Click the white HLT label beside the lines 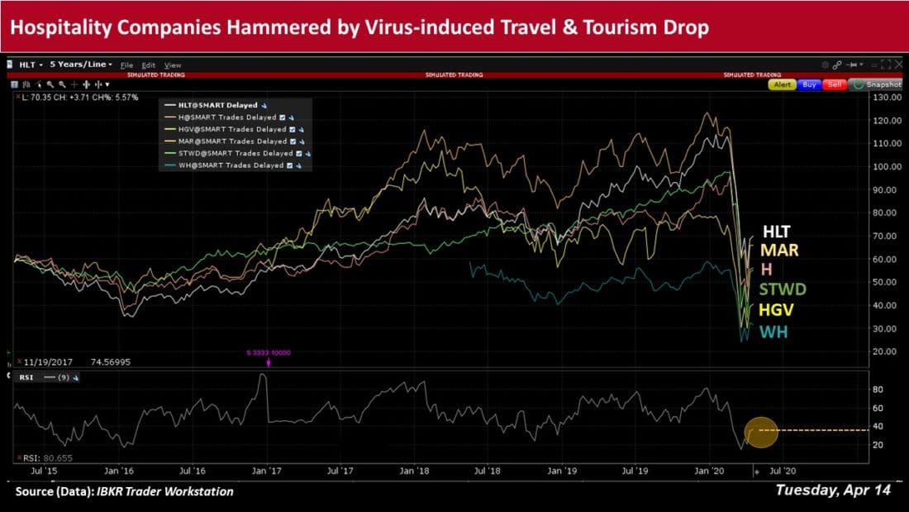click(x=777, y=232)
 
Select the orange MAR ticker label click(x=780, y=250)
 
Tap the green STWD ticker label click(x=782, y=289)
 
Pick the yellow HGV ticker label click(x=777, y=309)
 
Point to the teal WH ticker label click(x=773, y=331)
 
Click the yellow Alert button click(x=783, y=84)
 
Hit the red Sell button click(x=835, y=84)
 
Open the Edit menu click(x=149, y=65)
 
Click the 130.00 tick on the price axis click(x=889, y=98)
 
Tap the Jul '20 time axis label click(x=781, y=471)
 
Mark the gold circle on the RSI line click(x=761, y=432)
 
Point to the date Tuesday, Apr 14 click(x=833, y=490)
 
